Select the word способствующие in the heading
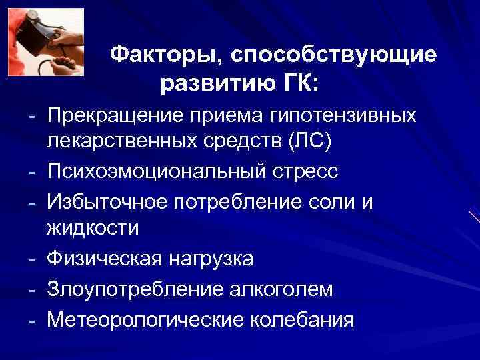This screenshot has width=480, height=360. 333,56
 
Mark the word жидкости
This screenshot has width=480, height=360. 93,229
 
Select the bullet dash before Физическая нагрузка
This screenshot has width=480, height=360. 32,258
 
